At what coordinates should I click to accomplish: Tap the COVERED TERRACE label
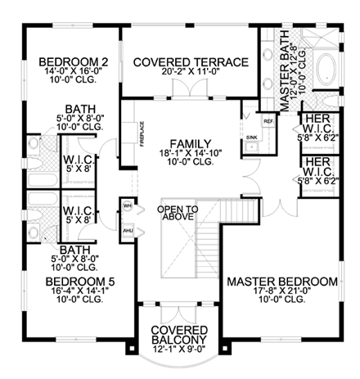point(191,62)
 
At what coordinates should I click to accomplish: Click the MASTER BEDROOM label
point(282,282)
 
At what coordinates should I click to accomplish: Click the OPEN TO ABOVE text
point(174,214)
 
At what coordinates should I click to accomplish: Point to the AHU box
point(127,231)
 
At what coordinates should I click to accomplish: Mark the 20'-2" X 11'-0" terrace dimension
point(191,73)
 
